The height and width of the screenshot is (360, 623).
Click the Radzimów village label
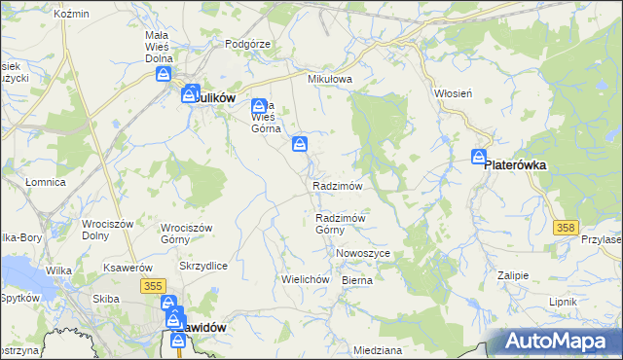click(338, 186)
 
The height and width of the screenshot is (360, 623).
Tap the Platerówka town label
click(515, 165)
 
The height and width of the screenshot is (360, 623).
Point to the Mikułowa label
click(329, 80)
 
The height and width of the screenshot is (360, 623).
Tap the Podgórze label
click(245, 44)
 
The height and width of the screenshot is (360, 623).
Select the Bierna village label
click(357, 279)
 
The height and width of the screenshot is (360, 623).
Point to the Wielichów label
click(302, 278)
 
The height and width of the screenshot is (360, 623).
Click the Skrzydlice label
click(203, 265)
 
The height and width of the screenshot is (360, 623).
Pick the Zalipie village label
click(512, 275)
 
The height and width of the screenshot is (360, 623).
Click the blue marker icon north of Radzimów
click(301, 146)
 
